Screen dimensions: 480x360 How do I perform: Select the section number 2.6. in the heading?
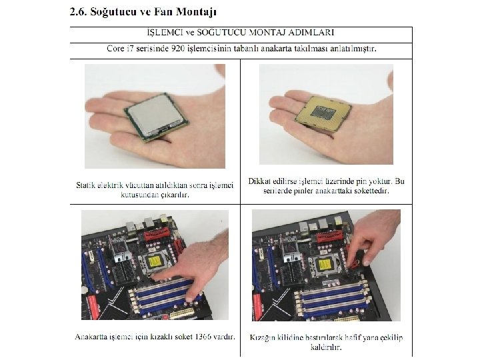79,12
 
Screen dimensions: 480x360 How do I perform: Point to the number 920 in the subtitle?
178,49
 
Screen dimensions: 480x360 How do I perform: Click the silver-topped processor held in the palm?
157,117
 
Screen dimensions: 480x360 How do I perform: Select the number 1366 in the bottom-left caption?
203,337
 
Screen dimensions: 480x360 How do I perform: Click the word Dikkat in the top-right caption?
259,181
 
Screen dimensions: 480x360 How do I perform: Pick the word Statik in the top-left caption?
85,185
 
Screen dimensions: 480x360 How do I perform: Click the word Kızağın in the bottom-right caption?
262,337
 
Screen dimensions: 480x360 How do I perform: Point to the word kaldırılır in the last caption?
326,347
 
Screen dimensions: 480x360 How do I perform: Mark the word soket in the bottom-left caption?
184,337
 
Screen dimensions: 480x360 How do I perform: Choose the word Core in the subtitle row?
115,49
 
